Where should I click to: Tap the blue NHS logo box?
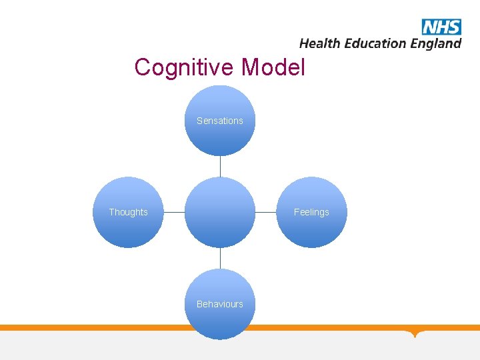[441, 27]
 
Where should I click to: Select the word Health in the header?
[320, 43]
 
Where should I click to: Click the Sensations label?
[220, 121]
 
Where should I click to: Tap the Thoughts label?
[128, 212]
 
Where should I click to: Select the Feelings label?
[311, 212]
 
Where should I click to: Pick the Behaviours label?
[220, 304]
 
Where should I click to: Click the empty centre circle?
[220, 212]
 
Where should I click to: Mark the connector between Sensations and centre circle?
[220, 166]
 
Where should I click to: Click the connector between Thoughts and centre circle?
[174, 212]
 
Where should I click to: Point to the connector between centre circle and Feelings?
[265, 212]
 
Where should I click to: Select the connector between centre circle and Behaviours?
[220, 258]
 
